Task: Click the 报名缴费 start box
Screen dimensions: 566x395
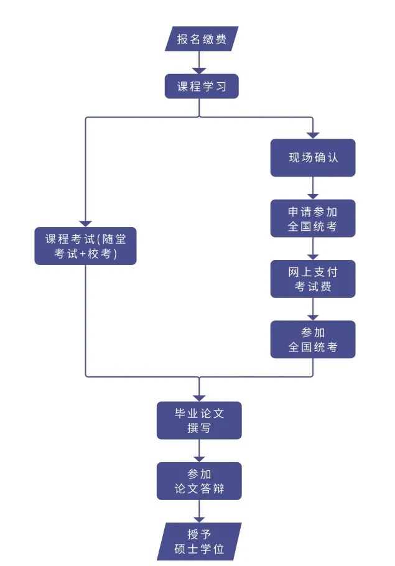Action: (202, 39)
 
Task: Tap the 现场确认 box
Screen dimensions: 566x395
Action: (312, 157)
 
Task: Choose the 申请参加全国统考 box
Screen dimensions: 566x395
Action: (312, 218)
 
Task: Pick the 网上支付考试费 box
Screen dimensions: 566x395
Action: (312, 279)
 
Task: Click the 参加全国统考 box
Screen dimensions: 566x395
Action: (312, 340)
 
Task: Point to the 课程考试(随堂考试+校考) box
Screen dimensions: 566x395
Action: (85, 246)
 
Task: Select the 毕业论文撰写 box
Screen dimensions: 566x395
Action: (199, 420)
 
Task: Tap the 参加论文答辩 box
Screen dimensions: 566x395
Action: (199, 481)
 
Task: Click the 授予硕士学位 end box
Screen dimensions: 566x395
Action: (199, 541)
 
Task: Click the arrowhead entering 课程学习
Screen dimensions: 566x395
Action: (199, 70)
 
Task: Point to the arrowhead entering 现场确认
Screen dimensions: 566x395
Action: (312, 135)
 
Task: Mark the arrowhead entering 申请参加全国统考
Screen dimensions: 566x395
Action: (312, 195)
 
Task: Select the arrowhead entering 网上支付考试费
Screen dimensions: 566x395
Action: (312, 256)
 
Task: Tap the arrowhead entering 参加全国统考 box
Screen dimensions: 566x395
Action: (312, 317)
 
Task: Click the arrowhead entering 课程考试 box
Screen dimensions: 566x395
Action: (85, 224)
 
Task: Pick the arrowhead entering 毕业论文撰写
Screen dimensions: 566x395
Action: (199, 397)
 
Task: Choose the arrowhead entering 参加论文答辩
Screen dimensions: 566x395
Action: (199, 458)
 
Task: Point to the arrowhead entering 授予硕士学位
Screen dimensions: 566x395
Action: (199, 519)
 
